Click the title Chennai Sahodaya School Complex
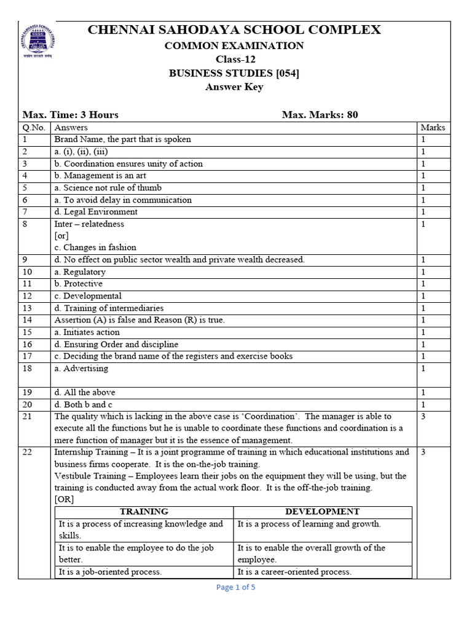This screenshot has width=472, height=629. click(x=234, y=29)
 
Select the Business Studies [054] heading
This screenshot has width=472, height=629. click(x=234, y=73)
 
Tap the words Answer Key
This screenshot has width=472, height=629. click(x=234, y=87)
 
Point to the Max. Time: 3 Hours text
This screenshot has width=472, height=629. click(x=71, y=114)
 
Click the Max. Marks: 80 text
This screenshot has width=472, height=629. click(x=320, y=114)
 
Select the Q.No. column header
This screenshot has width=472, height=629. click(x=34, y=128)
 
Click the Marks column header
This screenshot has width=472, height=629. click(x=433, y=128)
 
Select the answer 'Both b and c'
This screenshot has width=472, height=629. click(x=84, y=404)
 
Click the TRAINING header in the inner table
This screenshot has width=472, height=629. click(x=144, y=512)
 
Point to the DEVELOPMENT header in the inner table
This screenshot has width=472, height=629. click(x=322, y=512)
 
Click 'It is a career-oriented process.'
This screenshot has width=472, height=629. click(x=294, y=572)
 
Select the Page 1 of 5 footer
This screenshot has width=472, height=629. click(x=235, y=587)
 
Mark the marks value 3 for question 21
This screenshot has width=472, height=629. click(x=423, y=416)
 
